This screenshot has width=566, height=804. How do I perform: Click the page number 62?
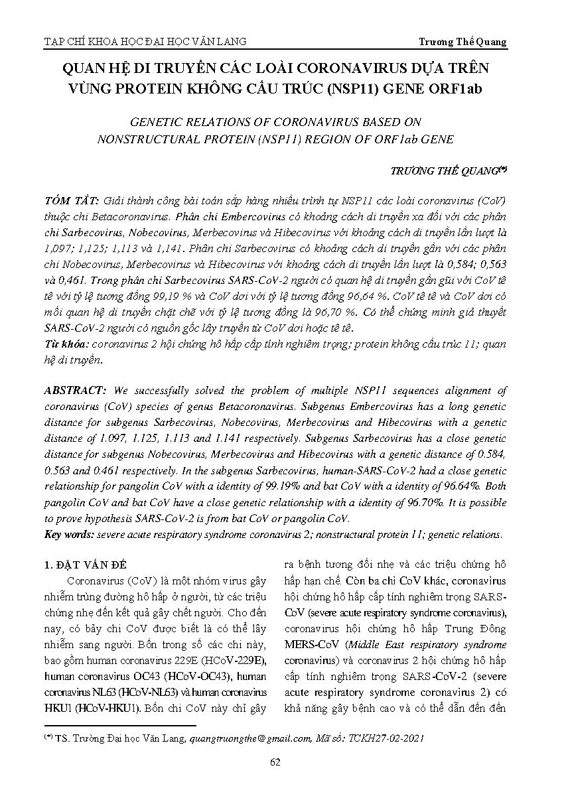pos(275,762)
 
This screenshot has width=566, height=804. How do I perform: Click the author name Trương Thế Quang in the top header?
pos(462,42)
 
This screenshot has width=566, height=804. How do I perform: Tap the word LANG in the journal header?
pos(232,42)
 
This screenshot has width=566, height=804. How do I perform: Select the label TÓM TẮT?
pos(71,201)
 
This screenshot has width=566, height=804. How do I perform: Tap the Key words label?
pos(68,534)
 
